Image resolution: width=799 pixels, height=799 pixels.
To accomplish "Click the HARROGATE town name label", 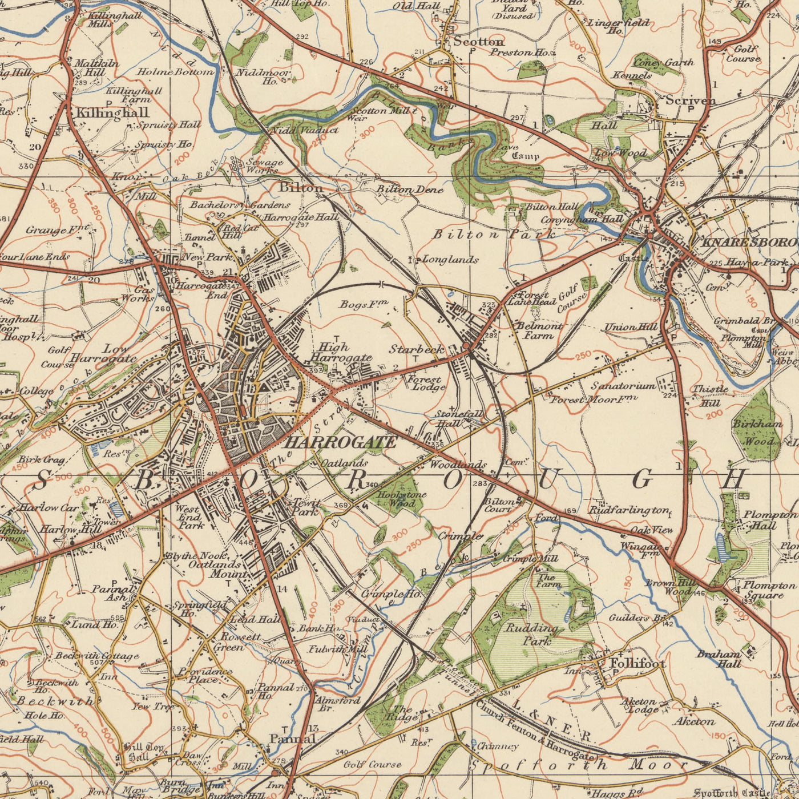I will pos(340,442).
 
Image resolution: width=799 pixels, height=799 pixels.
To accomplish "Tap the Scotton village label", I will pos(479,42).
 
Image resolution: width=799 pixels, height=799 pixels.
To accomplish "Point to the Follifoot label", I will pos(637,664).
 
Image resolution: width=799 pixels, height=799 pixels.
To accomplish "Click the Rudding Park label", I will pos(532,634).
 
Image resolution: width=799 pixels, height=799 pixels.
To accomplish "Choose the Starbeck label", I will pos(417,349).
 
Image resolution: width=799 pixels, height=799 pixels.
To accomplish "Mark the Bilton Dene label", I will pos(410,189).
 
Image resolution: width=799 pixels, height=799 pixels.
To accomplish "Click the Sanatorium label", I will pos(623,386).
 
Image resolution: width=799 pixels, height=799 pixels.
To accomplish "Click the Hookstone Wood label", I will pos(402,499).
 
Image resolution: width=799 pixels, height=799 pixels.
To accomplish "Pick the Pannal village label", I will pos(292,739).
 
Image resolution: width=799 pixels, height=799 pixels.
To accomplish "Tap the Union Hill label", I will pos(631,327).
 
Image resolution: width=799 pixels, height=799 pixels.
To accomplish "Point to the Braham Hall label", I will pos(719,659).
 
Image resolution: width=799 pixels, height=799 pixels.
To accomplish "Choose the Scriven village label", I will pos(691,100).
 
